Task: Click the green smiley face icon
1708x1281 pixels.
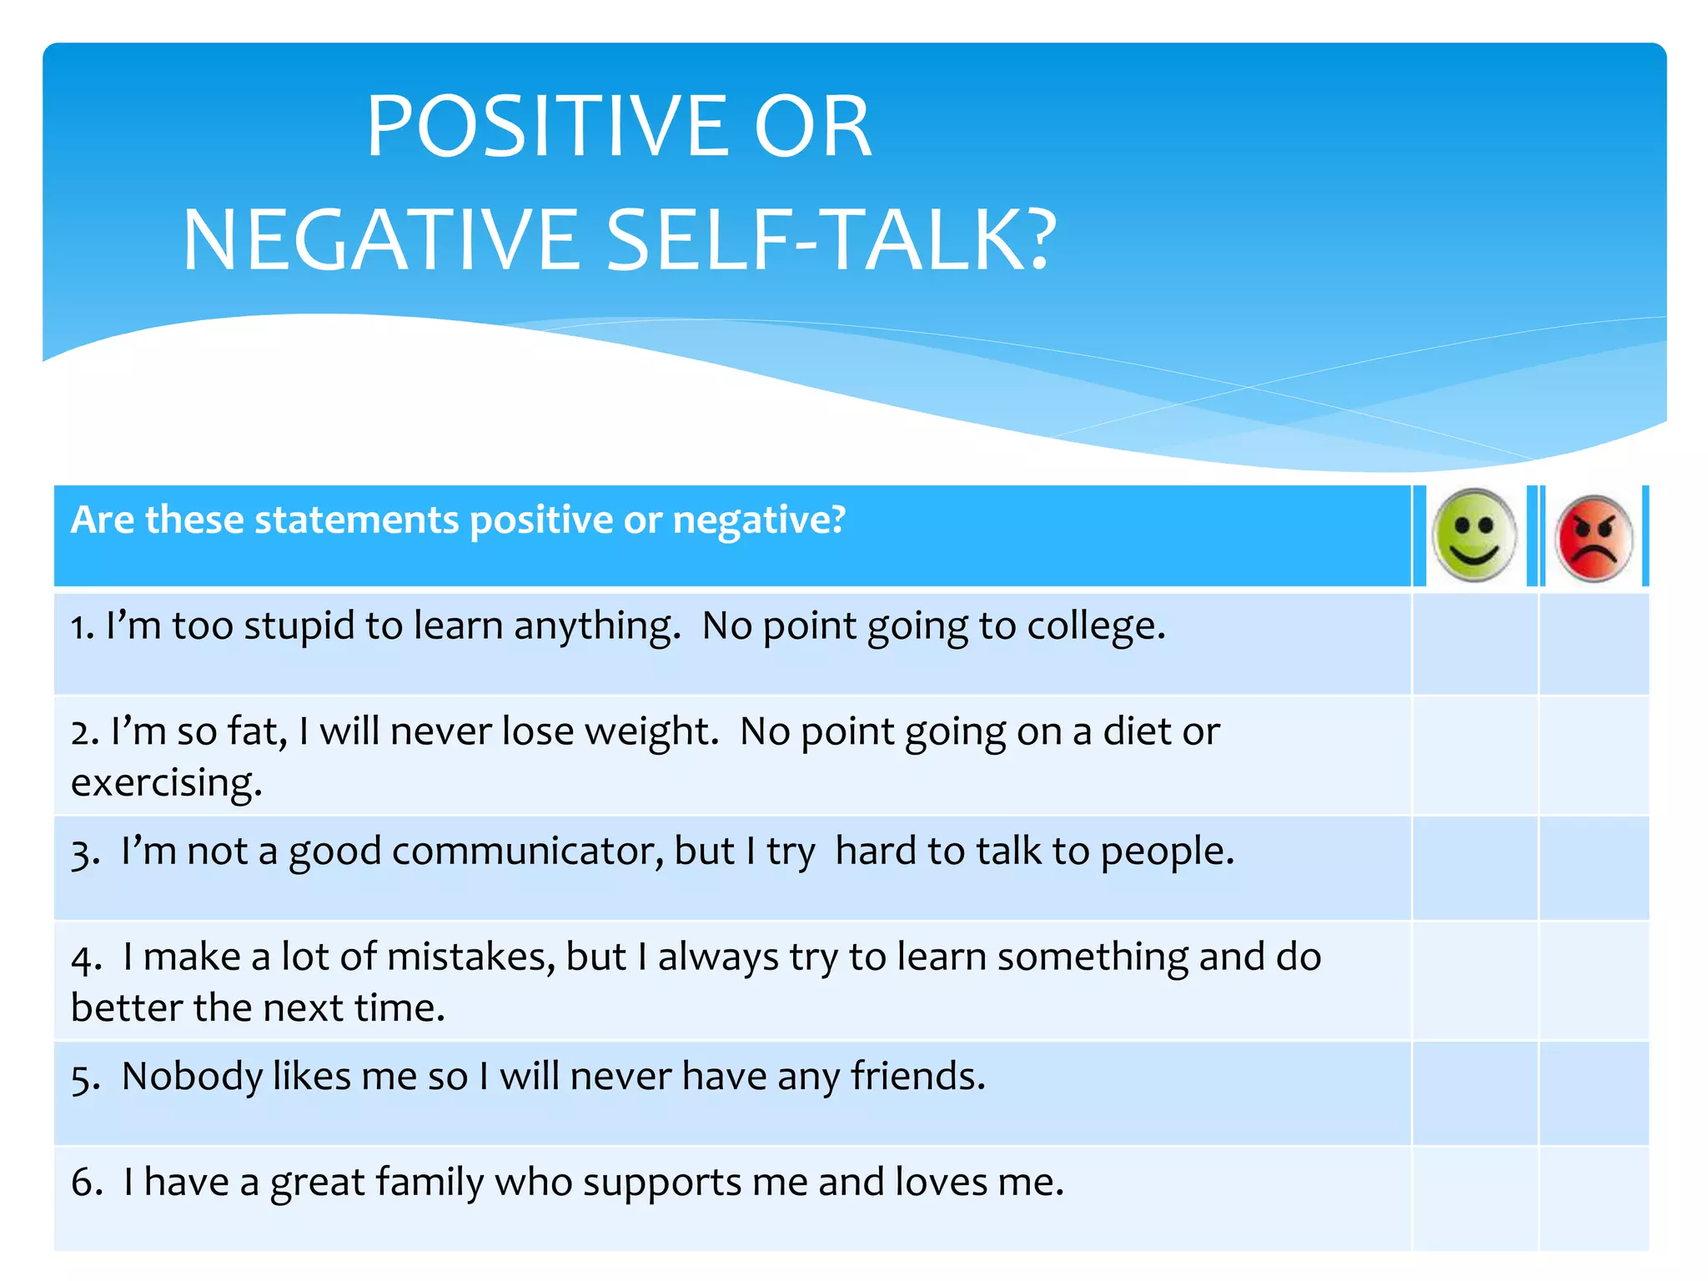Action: coord(1474,535)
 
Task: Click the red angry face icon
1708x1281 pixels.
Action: coord(1594,538)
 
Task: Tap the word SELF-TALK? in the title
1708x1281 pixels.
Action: coord(831,241)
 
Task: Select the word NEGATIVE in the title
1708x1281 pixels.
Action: coord(380,241)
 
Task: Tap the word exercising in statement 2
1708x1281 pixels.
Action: coord(166,783)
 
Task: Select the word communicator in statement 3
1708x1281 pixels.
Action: coord(527,851)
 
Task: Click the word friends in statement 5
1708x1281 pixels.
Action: coord(917,1077)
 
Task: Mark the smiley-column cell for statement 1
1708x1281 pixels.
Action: coord(1474,643)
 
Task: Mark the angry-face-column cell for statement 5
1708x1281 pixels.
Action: coord(1594,1093)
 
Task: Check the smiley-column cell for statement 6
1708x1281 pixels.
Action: coord(1474,1198)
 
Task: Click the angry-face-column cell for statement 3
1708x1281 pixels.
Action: coord(1594,867)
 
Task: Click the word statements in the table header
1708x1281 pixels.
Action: coord(356,520)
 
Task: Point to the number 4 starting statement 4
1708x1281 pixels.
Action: coord(84,959)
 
